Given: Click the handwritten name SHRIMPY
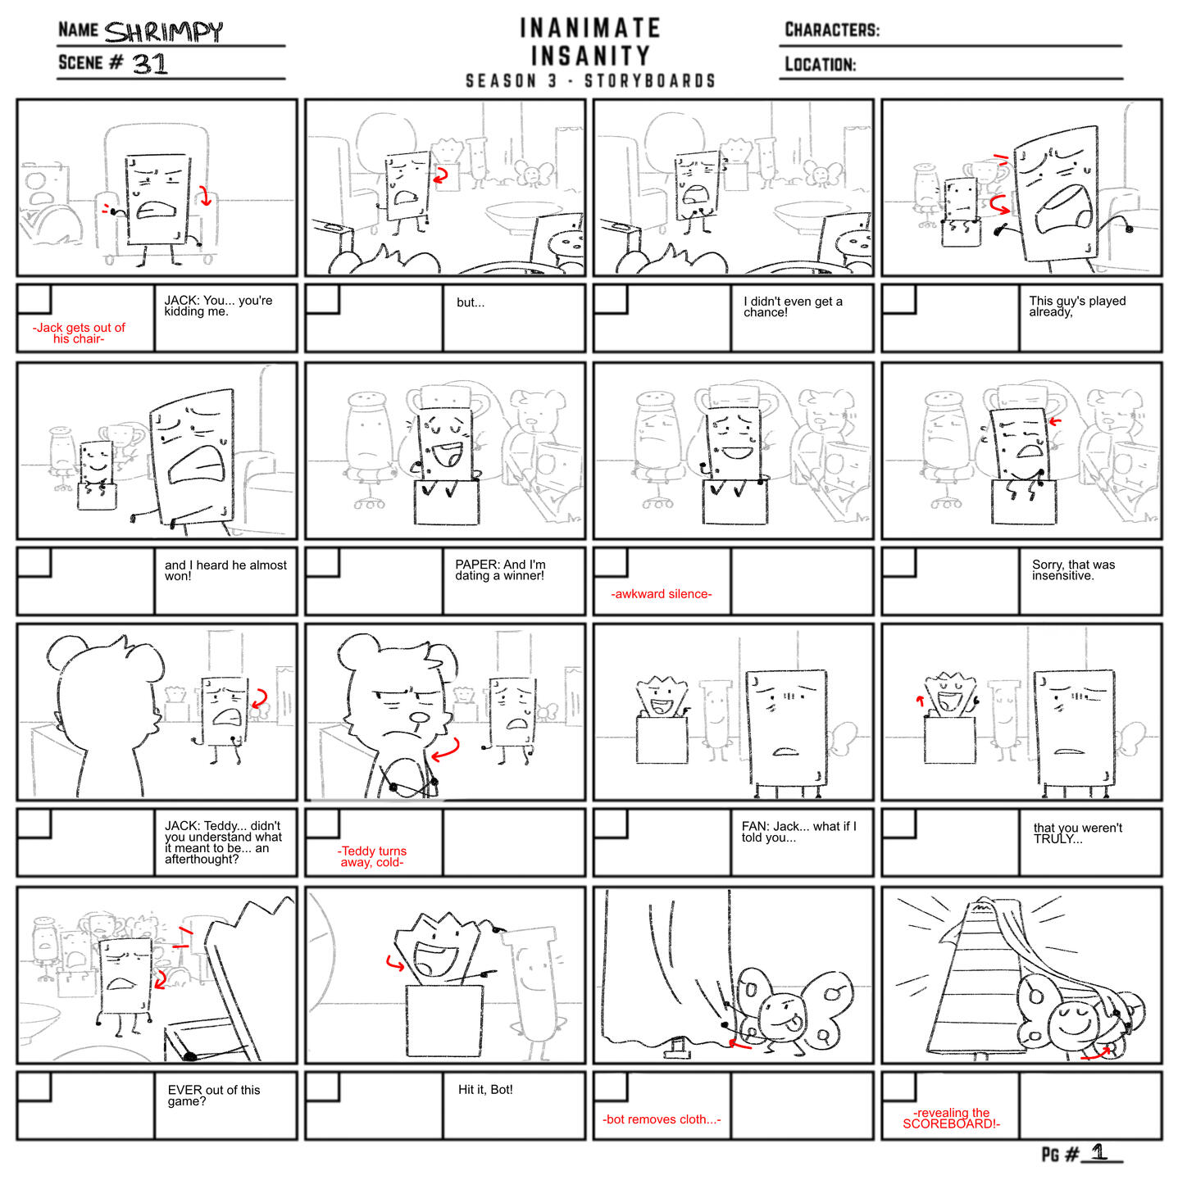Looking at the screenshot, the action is (x=163, y=32).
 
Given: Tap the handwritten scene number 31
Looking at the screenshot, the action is (x=149, y=64).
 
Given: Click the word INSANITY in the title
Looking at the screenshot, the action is (x=590, y=56).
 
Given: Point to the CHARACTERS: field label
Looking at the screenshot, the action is (x=831, y=29).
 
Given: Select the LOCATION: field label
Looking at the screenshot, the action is (x=821, y=64).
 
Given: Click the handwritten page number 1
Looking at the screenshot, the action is (x=1099, y=1152).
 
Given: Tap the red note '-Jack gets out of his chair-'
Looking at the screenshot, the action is (x=79, y=334).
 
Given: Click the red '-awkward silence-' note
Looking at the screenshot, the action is (x=661, y=594).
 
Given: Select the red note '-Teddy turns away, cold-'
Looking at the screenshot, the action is (x=372, y=856).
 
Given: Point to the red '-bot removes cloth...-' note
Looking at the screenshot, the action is (x=662, y=1119).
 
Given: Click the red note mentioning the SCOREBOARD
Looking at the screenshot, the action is (x=951, y=1119).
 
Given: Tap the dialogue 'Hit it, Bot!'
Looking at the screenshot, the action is (x=485, y=1089).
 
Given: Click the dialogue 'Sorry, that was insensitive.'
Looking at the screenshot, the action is (x=1073, y=570).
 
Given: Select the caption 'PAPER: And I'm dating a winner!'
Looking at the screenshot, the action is (x=500, y=570).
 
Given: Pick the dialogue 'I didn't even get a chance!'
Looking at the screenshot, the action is (x=793, y=306).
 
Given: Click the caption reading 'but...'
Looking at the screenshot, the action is (x=471, y=302).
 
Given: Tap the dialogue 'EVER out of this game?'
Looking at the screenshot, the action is (x=214, y=1096).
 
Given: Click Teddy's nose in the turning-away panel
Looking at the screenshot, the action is (x=419, y=719).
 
